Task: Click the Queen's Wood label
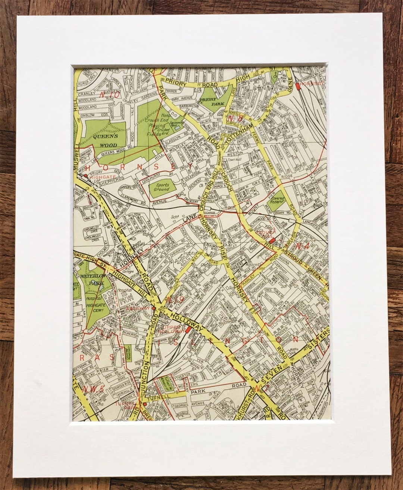[105, 141]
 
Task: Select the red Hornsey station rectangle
[298, 86]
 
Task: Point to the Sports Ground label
[162, 187]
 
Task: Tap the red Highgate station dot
[86, 176]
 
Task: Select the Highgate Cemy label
[96, 308]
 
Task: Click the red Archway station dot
[153, 308]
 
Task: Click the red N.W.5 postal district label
[91, 390]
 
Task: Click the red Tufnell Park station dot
[145, 403]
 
